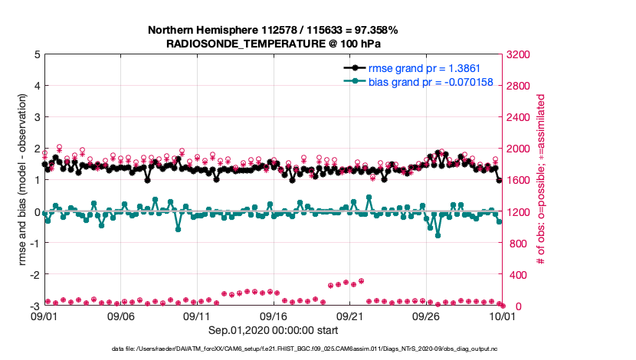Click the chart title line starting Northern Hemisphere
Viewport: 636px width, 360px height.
coord(273,30)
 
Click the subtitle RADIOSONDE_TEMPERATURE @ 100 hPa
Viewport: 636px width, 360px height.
coord(273,44)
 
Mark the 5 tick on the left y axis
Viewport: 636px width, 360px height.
coord(36,54)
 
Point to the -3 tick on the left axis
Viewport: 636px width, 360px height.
coord(33,306)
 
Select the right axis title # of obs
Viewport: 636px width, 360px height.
coord(540,180)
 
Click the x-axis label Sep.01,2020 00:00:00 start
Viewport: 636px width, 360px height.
coord(273,330)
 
